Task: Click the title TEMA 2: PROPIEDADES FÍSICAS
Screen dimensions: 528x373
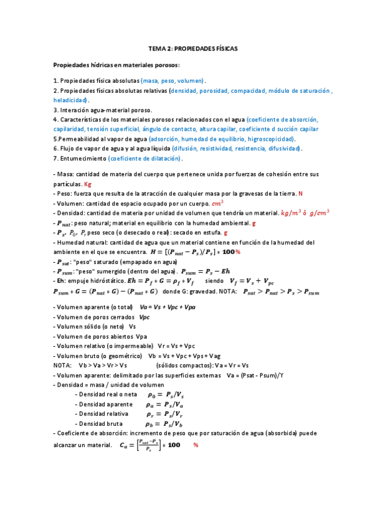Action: click(x=192, y=48)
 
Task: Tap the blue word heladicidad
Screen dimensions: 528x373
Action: click(x=70, y=100)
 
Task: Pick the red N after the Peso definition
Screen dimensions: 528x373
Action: click(x=301, y=194)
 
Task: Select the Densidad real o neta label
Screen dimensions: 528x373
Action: click(x=106, y=394)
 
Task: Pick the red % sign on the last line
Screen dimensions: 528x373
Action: click(x=196, y=445)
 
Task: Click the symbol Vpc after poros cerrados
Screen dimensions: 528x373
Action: click(x=148, y=317)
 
